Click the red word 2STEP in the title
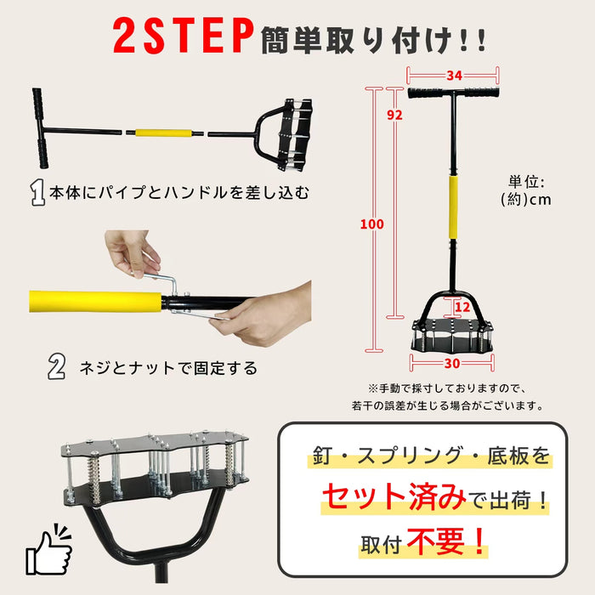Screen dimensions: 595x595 coord(183,36)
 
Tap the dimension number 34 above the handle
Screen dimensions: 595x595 coord(454,76)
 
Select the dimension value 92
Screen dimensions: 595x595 coord(394,115)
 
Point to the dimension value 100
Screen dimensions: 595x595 coord(372,224)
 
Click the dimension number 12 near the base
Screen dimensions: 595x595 coord(462,307)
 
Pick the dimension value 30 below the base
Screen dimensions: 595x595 coord(452,363)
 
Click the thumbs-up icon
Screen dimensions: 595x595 coord(48,550)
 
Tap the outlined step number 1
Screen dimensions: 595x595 coord(37,193)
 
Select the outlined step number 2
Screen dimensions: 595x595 coord(57,366)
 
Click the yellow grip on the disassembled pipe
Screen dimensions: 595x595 coord(163,133)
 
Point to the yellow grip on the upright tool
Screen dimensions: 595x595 coord(453,207)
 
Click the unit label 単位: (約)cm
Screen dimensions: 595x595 coord(526,190)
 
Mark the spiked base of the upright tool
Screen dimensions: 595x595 coord(452,335)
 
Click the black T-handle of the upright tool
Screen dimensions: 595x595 coord(453,93)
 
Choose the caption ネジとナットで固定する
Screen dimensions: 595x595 coord(168,368)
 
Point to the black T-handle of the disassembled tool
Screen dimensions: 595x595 coord(40,128)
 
